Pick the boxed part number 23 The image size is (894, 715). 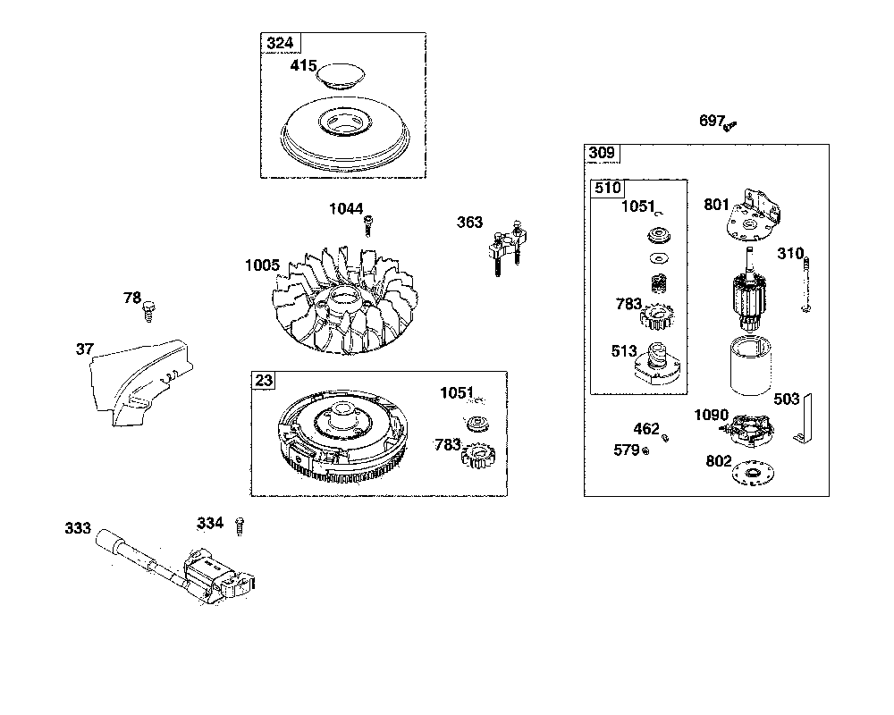[x=263, y=381]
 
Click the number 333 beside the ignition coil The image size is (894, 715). [x=78, y=528]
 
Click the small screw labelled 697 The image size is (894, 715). [x=730, y=126]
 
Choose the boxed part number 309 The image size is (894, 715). [x=602, y=153]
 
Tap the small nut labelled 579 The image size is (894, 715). [x=645, y=450]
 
